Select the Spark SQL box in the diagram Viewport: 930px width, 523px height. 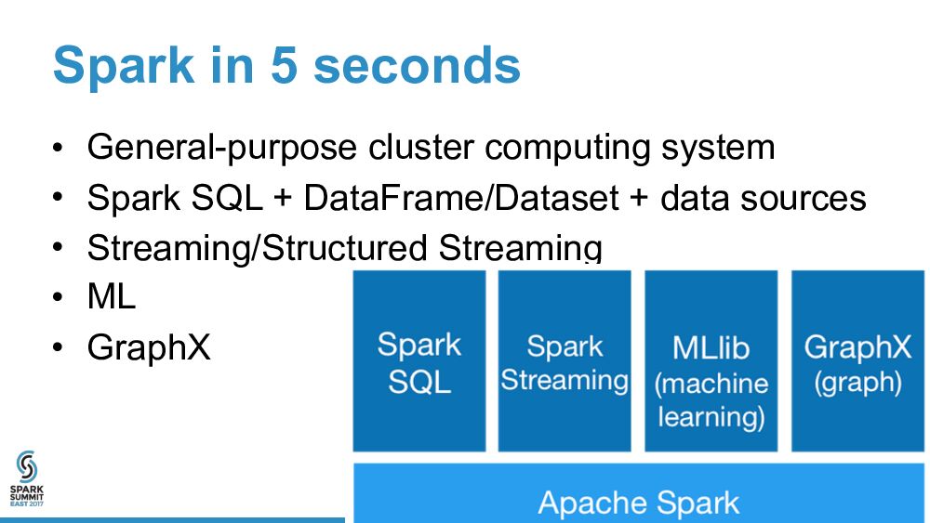coord(418,361)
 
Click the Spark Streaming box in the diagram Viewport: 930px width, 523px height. coord(565,361)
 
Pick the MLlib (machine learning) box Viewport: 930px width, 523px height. coord(711,361)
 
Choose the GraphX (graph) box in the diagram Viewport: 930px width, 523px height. coord(857,361)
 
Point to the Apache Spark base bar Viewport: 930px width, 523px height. coord(639,503)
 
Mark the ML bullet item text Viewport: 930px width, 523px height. coord(111,297)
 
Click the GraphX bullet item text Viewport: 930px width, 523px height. coord(149,347)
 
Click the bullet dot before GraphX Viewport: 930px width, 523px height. coord(59,347)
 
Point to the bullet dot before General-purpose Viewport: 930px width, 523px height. coord(59,148)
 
